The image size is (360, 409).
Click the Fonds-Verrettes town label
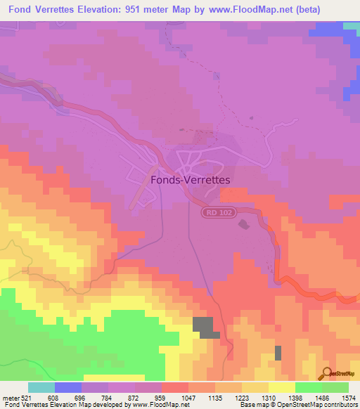pyautogui.click(x=191, y=180)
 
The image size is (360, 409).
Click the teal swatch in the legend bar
pyautogui.click(x=41, y=388)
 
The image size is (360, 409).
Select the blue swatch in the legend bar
pyautogui.click(x=68, y=388)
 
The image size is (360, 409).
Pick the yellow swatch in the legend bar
pyautogui.click(x=281, y=388)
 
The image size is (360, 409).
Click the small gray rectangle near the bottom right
pyautogui.click(x=278, y=353)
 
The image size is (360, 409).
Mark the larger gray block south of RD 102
pyautogui.click(x=205, y=327)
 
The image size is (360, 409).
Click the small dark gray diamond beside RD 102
pyautogui.click(x=244, y=224)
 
